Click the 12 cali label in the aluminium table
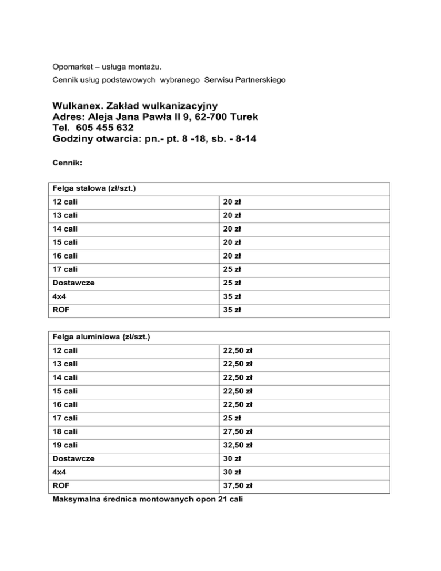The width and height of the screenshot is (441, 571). [63, 350]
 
